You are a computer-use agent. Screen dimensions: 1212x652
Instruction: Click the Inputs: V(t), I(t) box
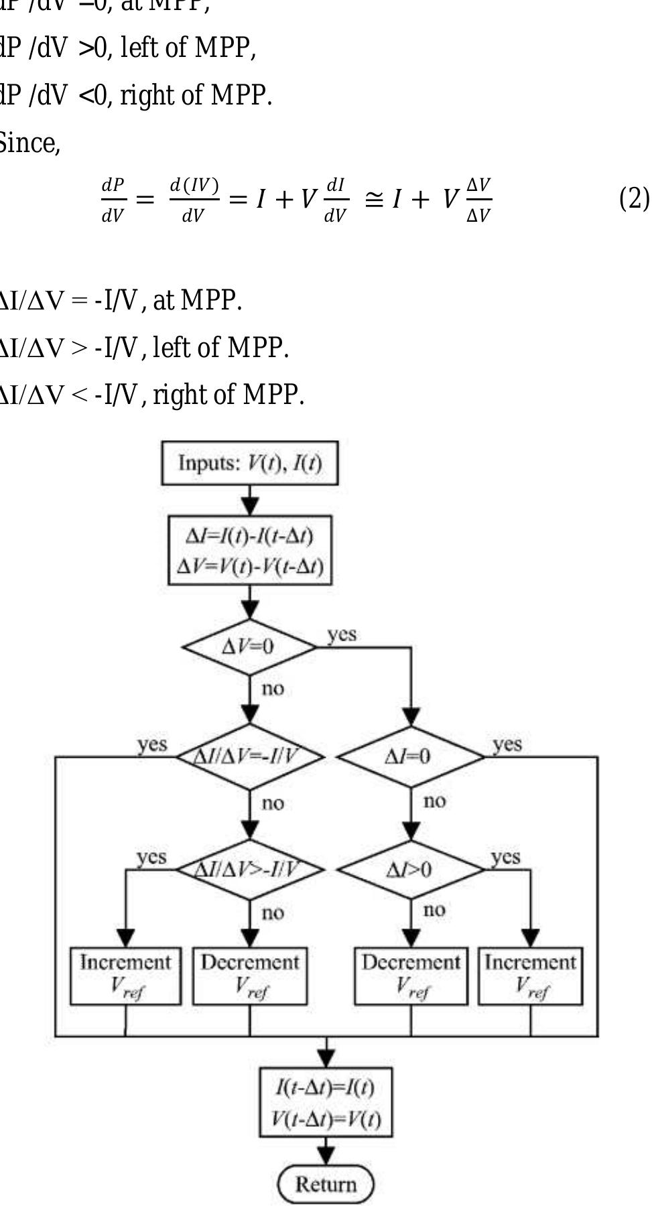click(x=249, y=463)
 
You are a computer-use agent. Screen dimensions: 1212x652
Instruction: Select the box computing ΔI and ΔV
click(x=249, y=550)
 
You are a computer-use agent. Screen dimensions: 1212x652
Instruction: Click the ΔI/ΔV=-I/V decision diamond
click(x=249, y=756)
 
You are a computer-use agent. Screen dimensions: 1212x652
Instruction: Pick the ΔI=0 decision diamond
click(x=410, y=756)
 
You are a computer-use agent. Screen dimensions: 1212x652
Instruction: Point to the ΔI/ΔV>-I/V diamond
click(x=249, y=870)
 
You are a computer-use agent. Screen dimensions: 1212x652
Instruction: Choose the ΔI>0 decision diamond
click(x=410, y=870)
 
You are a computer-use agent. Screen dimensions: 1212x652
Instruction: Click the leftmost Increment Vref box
click(x=125, y=975)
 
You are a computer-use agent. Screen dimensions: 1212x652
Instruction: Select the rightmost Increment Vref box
click(x=530, y=975)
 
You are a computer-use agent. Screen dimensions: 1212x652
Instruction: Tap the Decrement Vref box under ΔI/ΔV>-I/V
click(x=249, y=975)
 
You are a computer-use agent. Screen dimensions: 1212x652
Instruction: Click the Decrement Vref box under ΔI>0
click(x=410, y=975)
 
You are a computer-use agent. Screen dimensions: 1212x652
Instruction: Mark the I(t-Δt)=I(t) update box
click(x=326, y=1102)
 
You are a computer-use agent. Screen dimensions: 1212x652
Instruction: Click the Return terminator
click(x=326, y=1184)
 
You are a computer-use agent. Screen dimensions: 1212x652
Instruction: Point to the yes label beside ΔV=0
click(x=342, y=634)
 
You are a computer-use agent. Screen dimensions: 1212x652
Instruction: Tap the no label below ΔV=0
click(x=273, y=689)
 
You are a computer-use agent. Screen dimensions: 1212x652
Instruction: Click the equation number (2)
click(x=633, y=199)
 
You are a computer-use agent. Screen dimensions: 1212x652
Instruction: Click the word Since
click(x=30, y=143)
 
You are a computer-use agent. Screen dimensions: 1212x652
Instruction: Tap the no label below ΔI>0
click(x=434, y=910)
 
